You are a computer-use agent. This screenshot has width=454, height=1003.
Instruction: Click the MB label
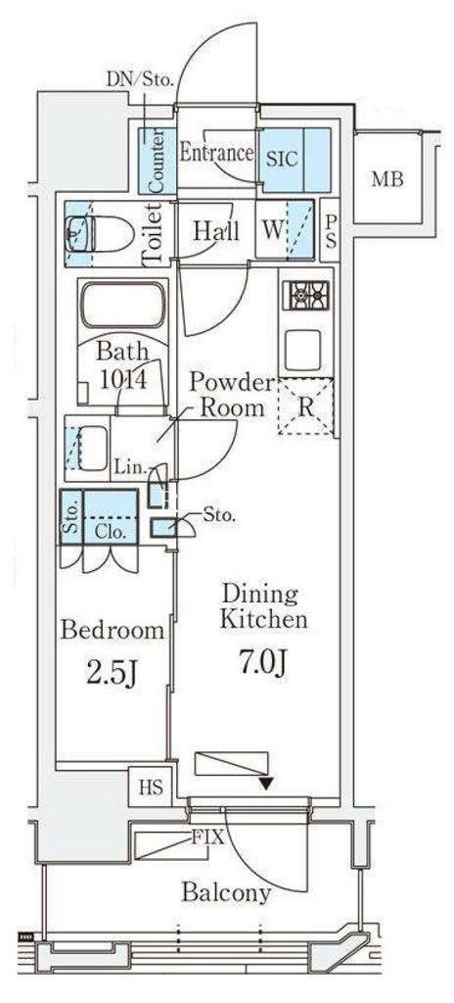tap(387, 180)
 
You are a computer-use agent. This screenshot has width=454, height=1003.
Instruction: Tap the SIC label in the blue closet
tap(282, 159)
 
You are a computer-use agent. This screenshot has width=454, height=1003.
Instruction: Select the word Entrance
tap(216, 153)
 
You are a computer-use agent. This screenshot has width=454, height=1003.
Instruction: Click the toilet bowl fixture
tap(99, 233)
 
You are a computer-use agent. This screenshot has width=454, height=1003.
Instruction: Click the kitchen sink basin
tap(302, 349)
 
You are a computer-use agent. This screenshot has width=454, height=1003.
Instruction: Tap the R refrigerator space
tap(305, 406)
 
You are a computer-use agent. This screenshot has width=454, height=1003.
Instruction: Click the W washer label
tap(272, 230)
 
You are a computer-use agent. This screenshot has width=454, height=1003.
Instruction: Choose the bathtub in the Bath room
tap(122, 305)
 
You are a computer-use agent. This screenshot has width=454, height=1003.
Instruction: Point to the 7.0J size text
tap(263, 662)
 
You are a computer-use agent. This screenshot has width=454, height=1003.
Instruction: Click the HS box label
tap(150, 787)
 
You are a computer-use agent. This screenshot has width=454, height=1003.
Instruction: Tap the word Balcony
tap(226, 892)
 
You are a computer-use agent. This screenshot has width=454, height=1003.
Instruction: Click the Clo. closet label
tap(110, 530)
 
